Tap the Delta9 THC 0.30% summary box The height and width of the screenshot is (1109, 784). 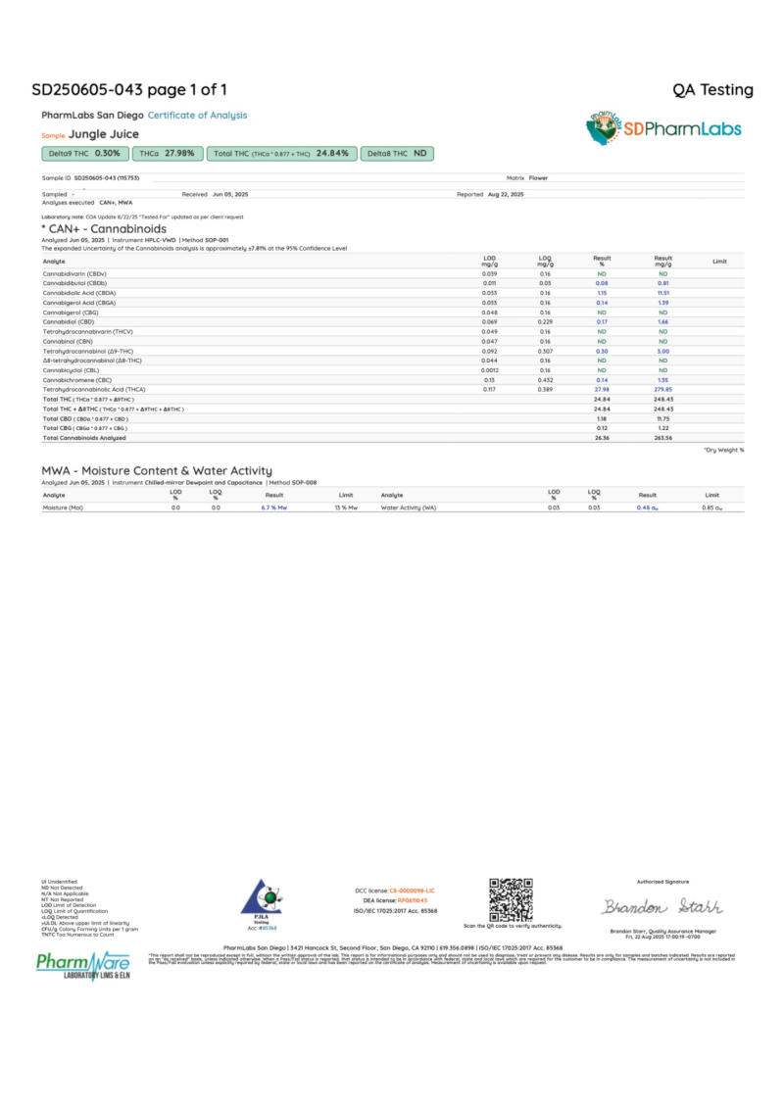[x=84, y=154]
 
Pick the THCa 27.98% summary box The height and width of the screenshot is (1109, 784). [x=168, y=154]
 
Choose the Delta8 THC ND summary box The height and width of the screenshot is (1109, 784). [x=397, y=154]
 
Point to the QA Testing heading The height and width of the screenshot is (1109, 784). [x=712, y=90]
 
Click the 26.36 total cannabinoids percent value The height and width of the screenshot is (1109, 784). [x=602, y=437]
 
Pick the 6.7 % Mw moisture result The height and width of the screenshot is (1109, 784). [x=274, y=508]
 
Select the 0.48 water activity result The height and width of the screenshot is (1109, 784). [x=648, y=508]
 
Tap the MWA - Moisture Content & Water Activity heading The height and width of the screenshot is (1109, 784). [x=157, y=472]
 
